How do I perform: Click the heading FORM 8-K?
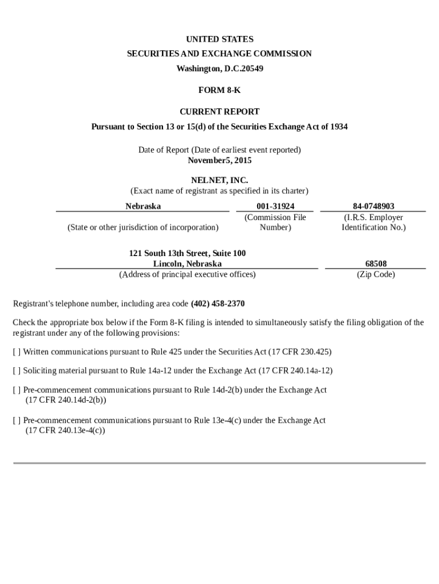point(219,90)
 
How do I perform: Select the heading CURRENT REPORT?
point(219,112)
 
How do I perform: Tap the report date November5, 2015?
point(219,160)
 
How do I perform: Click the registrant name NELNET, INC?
point(219,181)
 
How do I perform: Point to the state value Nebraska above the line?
point(143,206)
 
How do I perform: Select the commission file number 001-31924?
point(275,206)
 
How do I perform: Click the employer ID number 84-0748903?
point(373,206)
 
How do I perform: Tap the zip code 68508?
point(376,263)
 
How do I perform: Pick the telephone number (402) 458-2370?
point(218,303)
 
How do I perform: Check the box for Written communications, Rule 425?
point(17,352)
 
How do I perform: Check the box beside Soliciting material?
point(17,371)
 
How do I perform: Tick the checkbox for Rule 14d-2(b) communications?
point(17,390)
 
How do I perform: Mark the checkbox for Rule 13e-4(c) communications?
point(17,420)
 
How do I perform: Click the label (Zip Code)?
point(376,274)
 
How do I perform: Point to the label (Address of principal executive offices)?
point(187,274)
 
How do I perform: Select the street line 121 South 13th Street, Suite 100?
point(188,253)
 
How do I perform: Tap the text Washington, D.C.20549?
point(219,68)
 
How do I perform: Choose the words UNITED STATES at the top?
point(219,39)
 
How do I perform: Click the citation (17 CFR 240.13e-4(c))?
point(65,431)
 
